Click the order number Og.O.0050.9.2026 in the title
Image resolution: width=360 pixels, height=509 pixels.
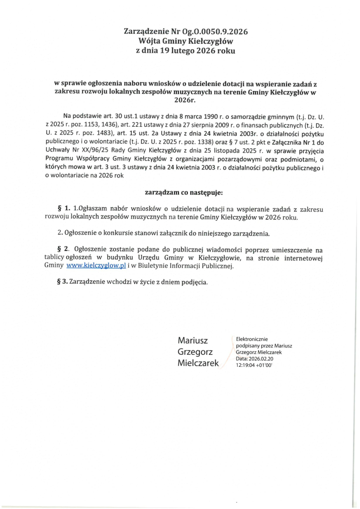(x=214, y=31)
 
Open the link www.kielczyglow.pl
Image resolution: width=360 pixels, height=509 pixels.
(x=98, y=266)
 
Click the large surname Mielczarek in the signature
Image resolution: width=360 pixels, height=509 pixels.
(x=198, y=363)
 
